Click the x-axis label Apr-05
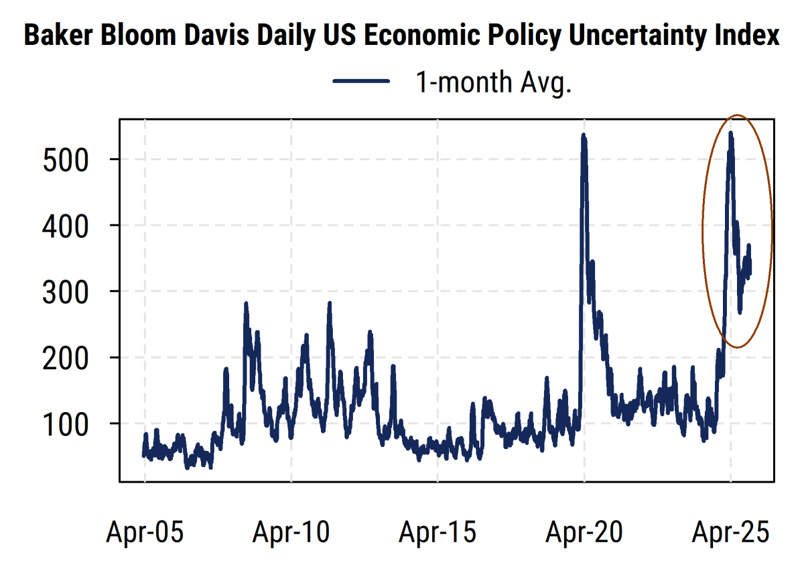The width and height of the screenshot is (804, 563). [x=145, y=533]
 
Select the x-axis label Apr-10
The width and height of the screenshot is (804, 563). [x=291, y=533]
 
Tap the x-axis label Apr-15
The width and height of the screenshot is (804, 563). [x=438, y=533]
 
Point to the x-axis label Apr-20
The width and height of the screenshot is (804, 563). [x=584, y=533]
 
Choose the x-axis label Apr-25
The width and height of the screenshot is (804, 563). [x=730, y=533]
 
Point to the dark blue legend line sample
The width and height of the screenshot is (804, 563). [x=361, y=82]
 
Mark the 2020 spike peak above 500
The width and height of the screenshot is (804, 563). [x=584, y=136]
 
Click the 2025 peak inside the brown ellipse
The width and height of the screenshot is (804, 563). [x=730, y=134]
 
